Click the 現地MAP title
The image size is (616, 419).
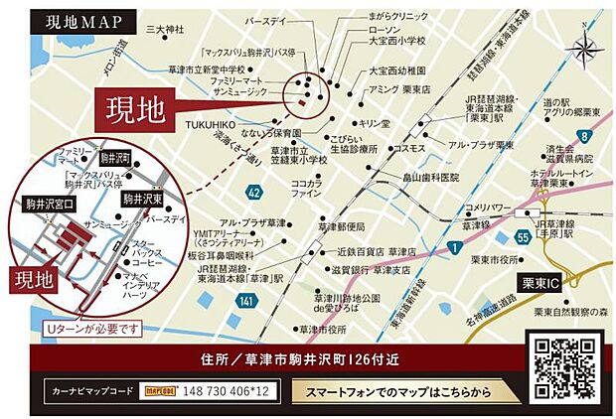(82, 23)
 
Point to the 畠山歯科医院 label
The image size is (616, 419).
(430, 177)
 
